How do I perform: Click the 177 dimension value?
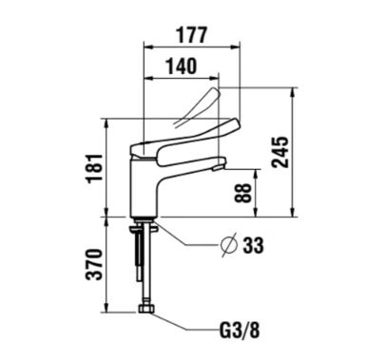click(192, 35)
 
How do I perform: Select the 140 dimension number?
click(182, 66)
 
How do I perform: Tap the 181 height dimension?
click(95, 168)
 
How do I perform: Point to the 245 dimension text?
click(280, 152)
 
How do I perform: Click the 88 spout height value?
click(243, 193)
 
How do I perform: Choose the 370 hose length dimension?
click(94, 265)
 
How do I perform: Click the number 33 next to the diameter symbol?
click(253, 245)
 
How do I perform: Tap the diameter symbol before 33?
click(229, 244)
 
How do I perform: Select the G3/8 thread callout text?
click(240, 330)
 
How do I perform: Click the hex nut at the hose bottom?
click(146, 309)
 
